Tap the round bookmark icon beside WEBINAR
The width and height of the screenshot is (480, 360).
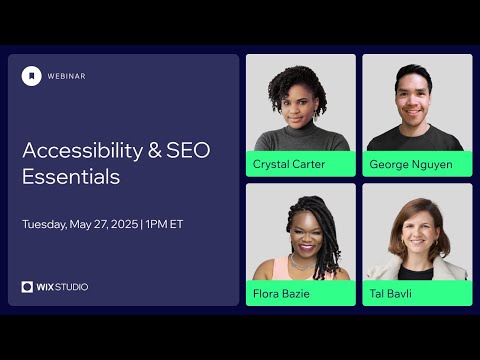point(32,76)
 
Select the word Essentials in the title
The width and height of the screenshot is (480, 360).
point(71,178)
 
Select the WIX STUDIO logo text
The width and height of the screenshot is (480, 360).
point(63,287)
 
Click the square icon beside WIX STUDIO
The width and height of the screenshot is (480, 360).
point(28,287)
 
